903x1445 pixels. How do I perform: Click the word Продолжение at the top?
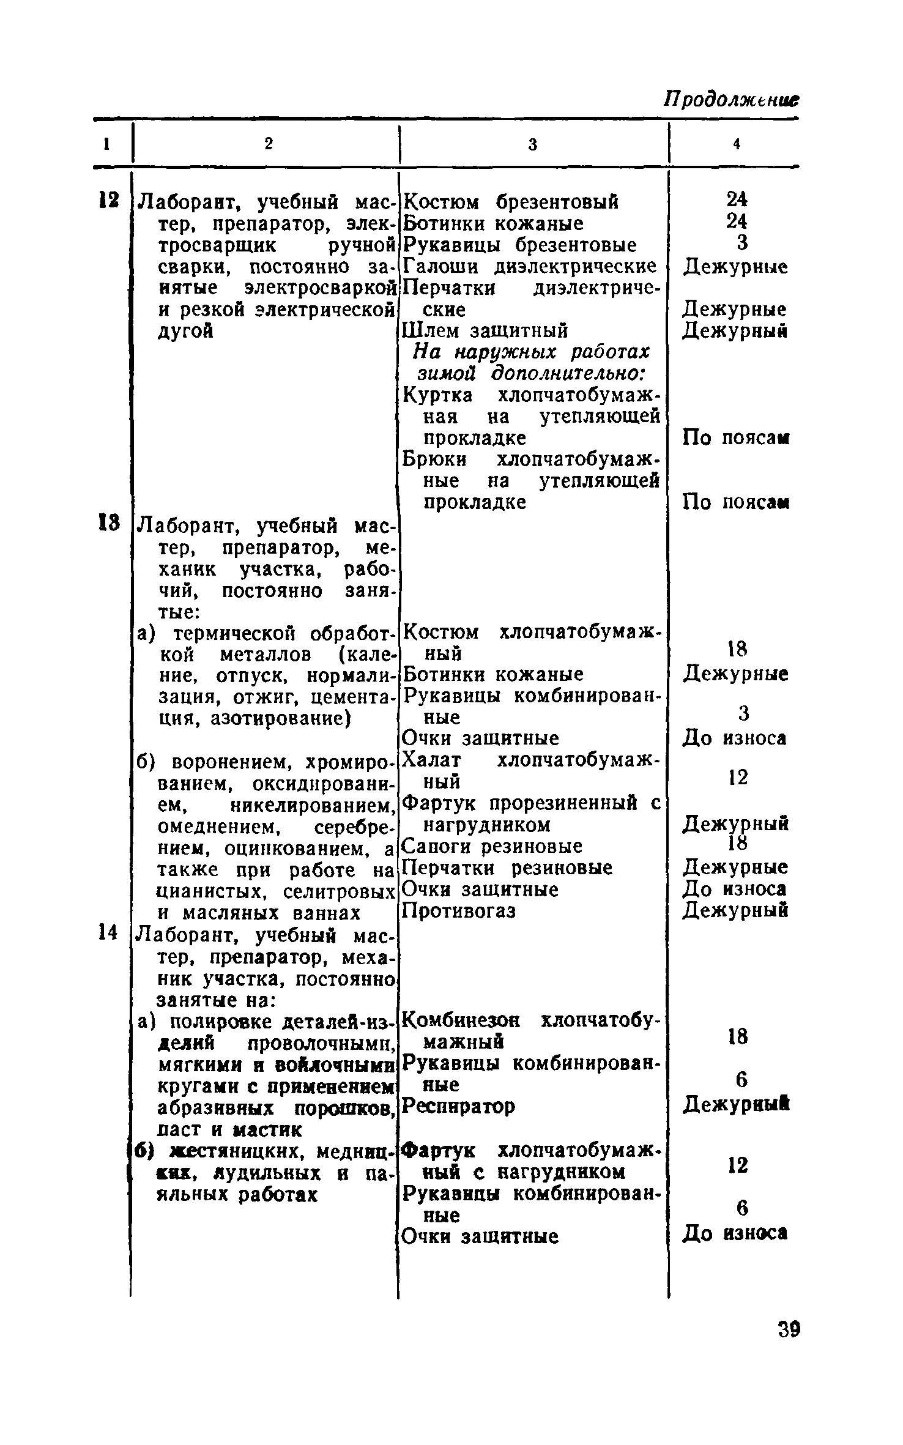point(732,100)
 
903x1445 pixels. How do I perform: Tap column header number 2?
point(268,143)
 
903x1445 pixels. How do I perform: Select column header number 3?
point(532,144)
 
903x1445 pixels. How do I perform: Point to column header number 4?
point(737,144)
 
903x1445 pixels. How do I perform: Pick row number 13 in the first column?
point(109,524)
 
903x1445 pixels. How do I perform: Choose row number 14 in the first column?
point(108,932)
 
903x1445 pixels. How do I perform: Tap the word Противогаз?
point(459,912)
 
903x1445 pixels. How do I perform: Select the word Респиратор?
point(459,1106)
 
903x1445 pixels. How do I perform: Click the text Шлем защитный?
point(485,331)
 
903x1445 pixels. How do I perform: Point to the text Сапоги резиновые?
point(492,847)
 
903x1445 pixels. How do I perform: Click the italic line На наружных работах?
point(531,352)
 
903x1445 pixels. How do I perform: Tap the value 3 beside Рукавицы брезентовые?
point(742,243)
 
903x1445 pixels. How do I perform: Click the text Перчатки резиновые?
point(507,868)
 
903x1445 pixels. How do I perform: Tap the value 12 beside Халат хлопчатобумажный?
point(738,778)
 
